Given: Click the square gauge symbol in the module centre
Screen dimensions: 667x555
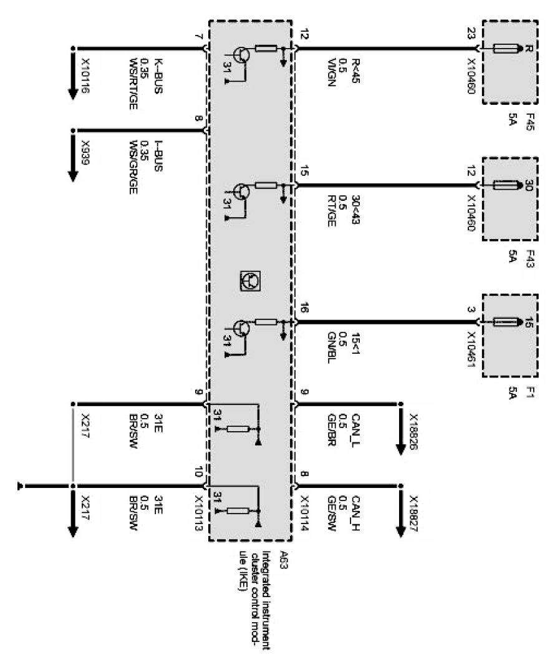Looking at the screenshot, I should pyautogui.click(x=251, y=280).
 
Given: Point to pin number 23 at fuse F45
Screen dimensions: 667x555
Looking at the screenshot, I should pyautogui.click(x=471, y=36).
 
